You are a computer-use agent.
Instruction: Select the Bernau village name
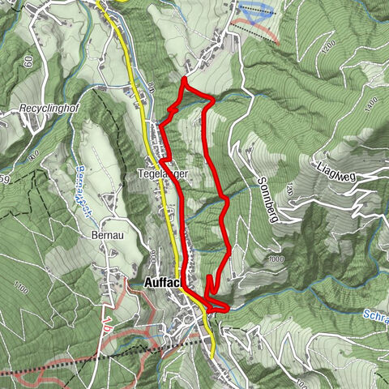point(106,233)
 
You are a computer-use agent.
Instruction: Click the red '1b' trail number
point(106,334)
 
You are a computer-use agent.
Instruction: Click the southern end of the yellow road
point(212,355)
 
